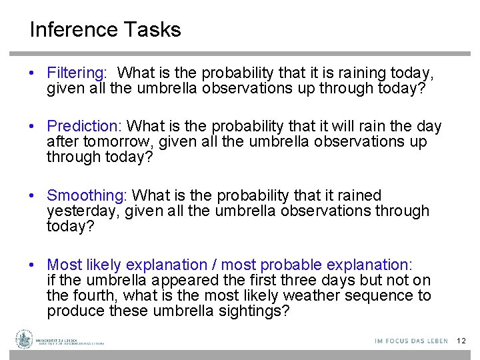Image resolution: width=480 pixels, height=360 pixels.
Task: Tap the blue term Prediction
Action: coord(83,126)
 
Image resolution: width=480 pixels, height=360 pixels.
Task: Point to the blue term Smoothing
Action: coord(86,195)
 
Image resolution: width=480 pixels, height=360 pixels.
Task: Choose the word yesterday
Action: coord(77,211)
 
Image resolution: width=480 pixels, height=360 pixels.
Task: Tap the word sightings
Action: coord(253,311)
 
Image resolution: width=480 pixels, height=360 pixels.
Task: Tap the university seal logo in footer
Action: coord(25,339)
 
